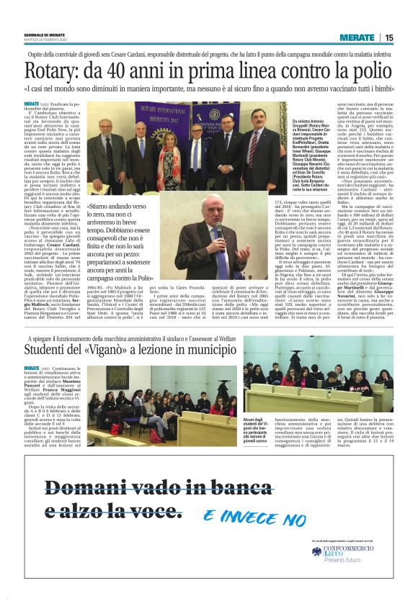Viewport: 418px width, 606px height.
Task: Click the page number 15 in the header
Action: [388, 37]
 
